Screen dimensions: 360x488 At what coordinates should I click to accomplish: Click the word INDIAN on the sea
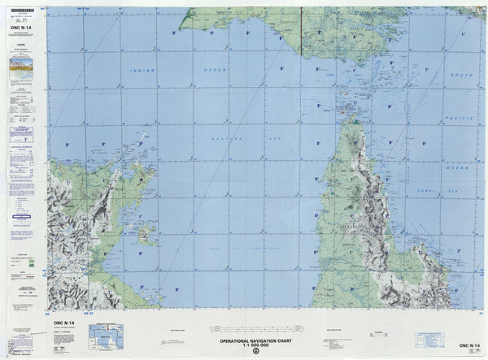click(x=142, y=71)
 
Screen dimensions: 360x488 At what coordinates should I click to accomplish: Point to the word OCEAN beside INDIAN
click(x=215, y=71)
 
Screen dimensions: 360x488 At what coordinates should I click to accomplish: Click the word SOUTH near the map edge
click(x=460, y=75)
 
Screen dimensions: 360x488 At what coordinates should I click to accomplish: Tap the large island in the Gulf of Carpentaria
click(x=147, y=236)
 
